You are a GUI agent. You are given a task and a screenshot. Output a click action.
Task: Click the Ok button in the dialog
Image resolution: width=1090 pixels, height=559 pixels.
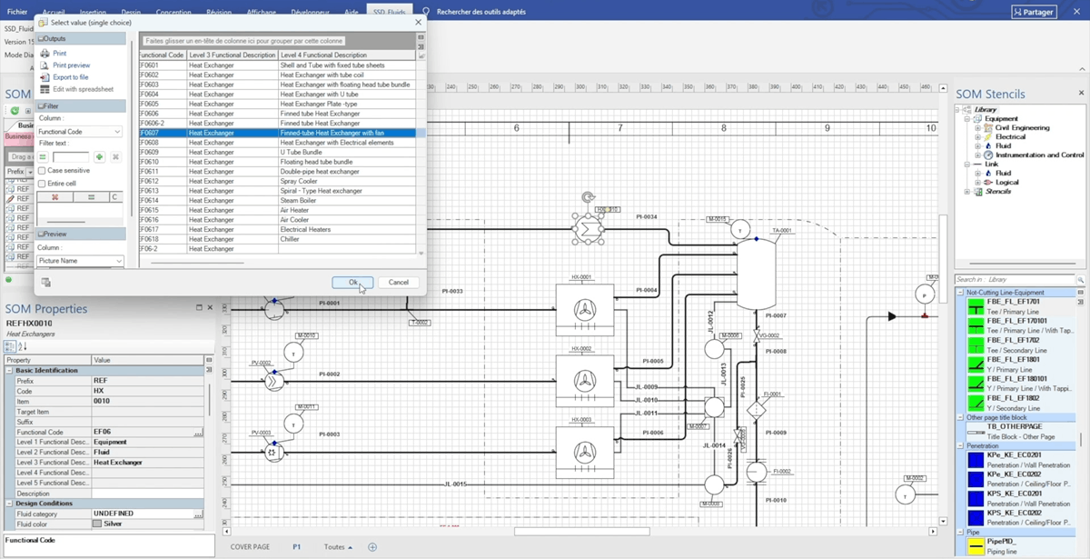pos(352,282)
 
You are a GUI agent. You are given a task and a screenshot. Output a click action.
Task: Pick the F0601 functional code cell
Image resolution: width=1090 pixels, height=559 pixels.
pos(150,65)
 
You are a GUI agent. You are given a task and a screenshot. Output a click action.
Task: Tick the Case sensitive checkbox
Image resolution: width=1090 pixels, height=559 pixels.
pos(42,171)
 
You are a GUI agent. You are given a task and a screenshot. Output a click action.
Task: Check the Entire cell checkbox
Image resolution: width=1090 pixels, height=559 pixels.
pos(42,184)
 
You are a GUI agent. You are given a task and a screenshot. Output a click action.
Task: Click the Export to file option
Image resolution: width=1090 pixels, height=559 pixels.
pos(70,77)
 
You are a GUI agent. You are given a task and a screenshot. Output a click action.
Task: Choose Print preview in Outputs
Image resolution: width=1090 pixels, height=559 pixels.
pos(71,65)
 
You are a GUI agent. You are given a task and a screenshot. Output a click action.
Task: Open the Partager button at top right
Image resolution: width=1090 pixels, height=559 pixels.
pos(1034,12)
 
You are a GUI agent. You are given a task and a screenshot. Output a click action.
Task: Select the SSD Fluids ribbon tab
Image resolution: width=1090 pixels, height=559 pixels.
pos(390,12)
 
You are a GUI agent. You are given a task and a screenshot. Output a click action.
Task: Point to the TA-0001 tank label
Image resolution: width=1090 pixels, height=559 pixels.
pos(781,231)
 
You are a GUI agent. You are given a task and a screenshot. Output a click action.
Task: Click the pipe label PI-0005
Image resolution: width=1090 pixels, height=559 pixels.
pos(652,361)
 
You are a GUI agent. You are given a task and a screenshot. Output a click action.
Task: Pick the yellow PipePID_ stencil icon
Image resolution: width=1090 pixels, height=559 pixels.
pos(976,545)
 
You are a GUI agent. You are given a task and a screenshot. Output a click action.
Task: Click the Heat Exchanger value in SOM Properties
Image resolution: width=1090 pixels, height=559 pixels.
pos(117,463)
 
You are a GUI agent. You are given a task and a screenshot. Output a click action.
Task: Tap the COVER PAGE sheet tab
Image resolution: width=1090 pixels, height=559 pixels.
pos(250,547)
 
